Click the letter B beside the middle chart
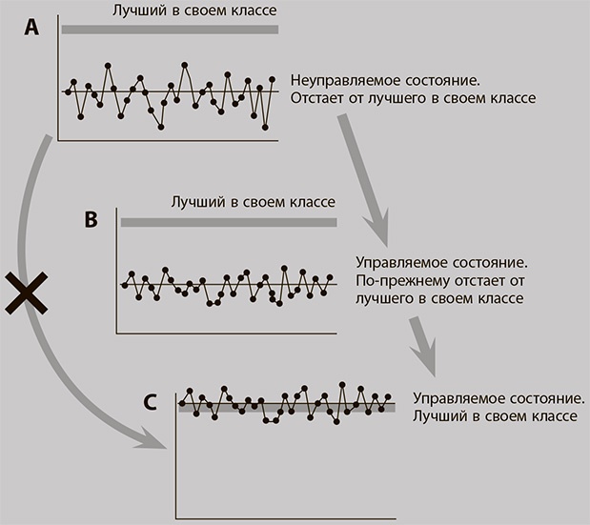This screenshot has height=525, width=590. coord(92,220)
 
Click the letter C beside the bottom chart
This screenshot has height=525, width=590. coord(151,402)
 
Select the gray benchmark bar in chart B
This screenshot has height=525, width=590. coord(229,222)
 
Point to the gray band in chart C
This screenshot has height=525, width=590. coord(286,407)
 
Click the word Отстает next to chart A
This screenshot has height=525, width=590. coord(321,98)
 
